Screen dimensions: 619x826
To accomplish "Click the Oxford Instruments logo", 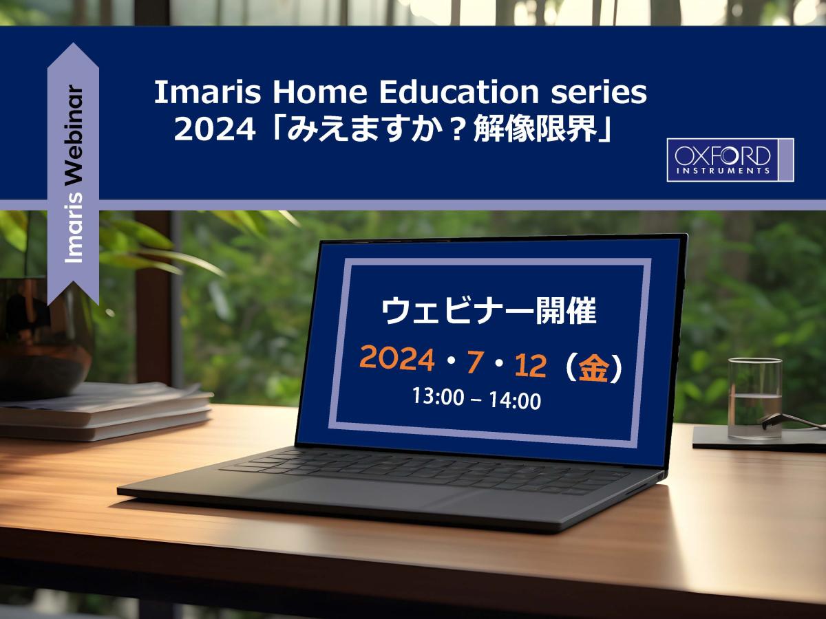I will point(730,160).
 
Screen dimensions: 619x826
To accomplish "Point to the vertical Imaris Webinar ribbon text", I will point(74,175).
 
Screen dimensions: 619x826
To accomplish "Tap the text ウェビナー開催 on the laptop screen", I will point(489,313).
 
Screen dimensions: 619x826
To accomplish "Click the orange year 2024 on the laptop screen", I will point(397,358).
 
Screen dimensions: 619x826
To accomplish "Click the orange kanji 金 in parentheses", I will point(593,369).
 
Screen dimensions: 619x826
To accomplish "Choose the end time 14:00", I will point(515,400).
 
